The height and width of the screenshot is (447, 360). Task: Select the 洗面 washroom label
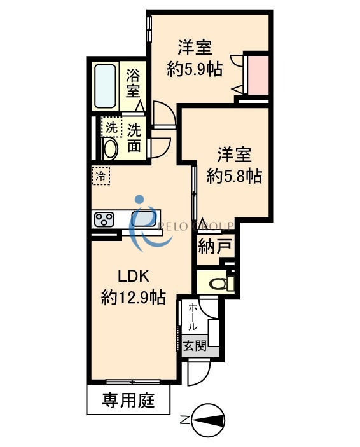pyautogui.click(x=134, y=137)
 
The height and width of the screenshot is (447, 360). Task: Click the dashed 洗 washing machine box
pyautogui.click(x=111, y=127)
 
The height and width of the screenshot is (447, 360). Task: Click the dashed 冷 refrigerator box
pyautogui.click(x=100, y=176)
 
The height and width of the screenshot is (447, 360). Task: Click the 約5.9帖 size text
pyautogui.click(x=195, y=69)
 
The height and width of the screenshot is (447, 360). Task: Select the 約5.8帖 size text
pyautogui.click(x=234, y=175)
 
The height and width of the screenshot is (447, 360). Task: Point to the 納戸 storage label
pyautogui.click(x=211, y=247)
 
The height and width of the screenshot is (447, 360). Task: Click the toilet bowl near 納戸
pyautogui.click(x=216, y=283)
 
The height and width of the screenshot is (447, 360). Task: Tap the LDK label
pyautogui.click(x=134, y=277)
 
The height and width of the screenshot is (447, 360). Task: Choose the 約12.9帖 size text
pyautogui.click(x=134, y=297)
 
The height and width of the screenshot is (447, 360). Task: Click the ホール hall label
pyautogui.click(x=192, y=317)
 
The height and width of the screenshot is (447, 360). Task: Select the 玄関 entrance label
pyautogui.click(x=193, y=347)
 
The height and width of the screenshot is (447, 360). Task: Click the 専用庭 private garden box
pyautogui.click(x=128, y=401)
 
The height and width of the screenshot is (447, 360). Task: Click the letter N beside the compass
pyautogui.click(x=184, y=419)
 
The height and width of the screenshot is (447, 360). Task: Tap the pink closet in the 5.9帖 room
pyautogui.click(x=257, y=74)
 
